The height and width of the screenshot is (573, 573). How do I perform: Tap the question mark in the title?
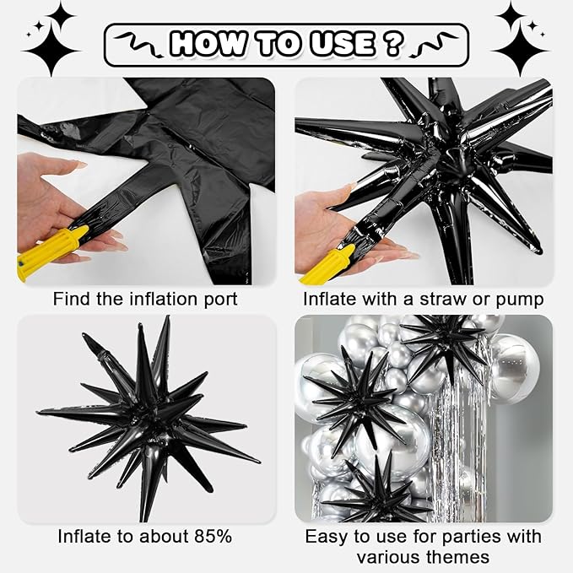(392, 42)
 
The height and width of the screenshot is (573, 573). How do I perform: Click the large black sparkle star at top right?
(519, 38)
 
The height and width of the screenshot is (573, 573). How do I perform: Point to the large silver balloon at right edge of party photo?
(516, 367)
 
